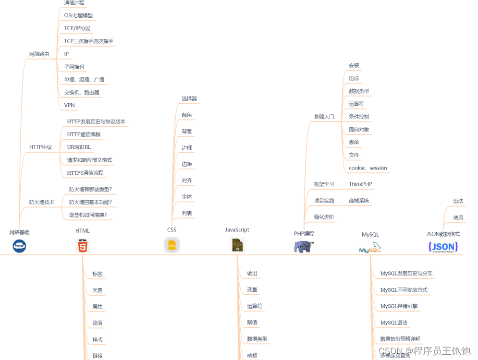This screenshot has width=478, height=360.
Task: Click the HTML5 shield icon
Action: click(x=83, y=246)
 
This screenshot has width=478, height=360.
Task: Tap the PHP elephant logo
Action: click(x=304, y=247)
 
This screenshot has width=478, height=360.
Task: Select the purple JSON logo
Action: click(x=443, y=247)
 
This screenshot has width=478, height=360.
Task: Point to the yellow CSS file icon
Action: click(x=172, y=245)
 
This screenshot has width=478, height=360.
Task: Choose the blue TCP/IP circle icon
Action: click(x=19, y=246)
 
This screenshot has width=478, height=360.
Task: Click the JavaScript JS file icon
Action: click(x=237, y=245)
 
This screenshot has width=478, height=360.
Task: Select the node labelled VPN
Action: click(x=70, y=105)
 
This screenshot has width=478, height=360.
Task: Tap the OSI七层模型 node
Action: click(x=78, y=15)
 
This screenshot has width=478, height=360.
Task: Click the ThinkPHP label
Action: click(x=360, y=184)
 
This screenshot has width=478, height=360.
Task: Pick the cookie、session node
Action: click(x=368, y=168)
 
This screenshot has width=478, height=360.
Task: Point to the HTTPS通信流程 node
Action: click(x=85, y=173)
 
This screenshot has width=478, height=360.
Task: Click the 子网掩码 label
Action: click(x=74, y=67)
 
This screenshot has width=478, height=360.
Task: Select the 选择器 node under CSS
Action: click(x=189, y=99)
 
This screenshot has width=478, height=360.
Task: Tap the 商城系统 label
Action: click(x=359, y=201)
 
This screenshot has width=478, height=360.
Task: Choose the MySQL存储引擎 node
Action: click(x=399, y=306)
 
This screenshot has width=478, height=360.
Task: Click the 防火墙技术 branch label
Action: click(x=42, y=202)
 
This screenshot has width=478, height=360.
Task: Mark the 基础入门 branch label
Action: click(x=324, y=117)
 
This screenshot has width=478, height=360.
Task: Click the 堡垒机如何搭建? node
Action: click(x=88, y=215)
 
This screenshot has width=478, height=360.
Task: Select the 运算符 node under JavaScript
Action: click(x=255, y=306)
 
